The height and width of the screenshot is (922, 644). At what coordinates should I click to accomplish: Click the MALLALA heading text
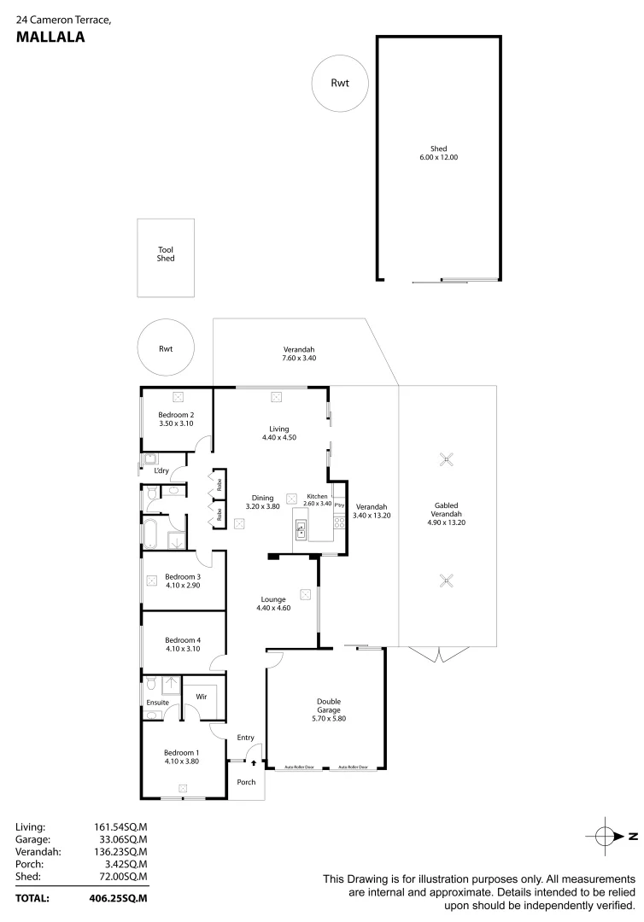click(x=50, y=37)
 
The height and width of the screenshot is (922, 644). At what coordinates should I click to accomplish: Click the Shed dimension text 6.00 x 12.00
click(x=439, y=158)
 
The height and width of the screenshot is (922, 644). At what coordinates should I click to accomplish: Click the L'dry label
click(x=161, y=470)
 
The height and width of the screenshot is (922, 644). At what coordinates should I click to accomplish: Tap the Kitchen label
click(x=318, y=495)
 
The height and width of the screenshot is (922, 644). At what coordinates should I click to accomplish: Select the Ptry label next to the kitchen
click(x=339, y=505)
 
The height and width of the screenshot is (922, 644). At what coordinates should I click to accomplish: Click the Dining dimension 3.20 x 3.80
click(x=262, y=507)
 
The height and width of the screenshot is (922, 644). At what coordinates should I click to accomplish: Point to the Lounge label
click(x=273, y=598)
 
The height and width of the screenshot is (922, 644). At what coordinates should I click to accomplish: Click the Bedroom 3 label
click(x=182, y=576)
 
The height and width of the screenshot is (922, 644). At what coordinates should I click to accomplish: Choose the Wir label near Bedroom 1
click(x=202, y=697)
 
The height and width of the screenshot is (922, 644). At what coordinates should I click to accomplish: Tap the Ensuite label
click(x=157, y=703)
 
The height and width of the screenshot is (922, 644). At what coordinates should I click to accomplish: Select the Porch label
click(x=246, y=782)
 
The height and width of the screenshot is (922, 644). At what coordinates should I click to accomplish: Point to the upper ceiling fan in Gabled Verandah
click(x=445, y=460)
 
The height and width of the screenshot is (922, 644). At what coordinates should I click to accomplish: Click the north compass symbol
click(x=604, y=836)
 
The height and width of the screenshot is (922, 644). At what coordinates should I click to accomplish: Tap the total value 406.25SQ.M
click(x=119, y=899)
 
